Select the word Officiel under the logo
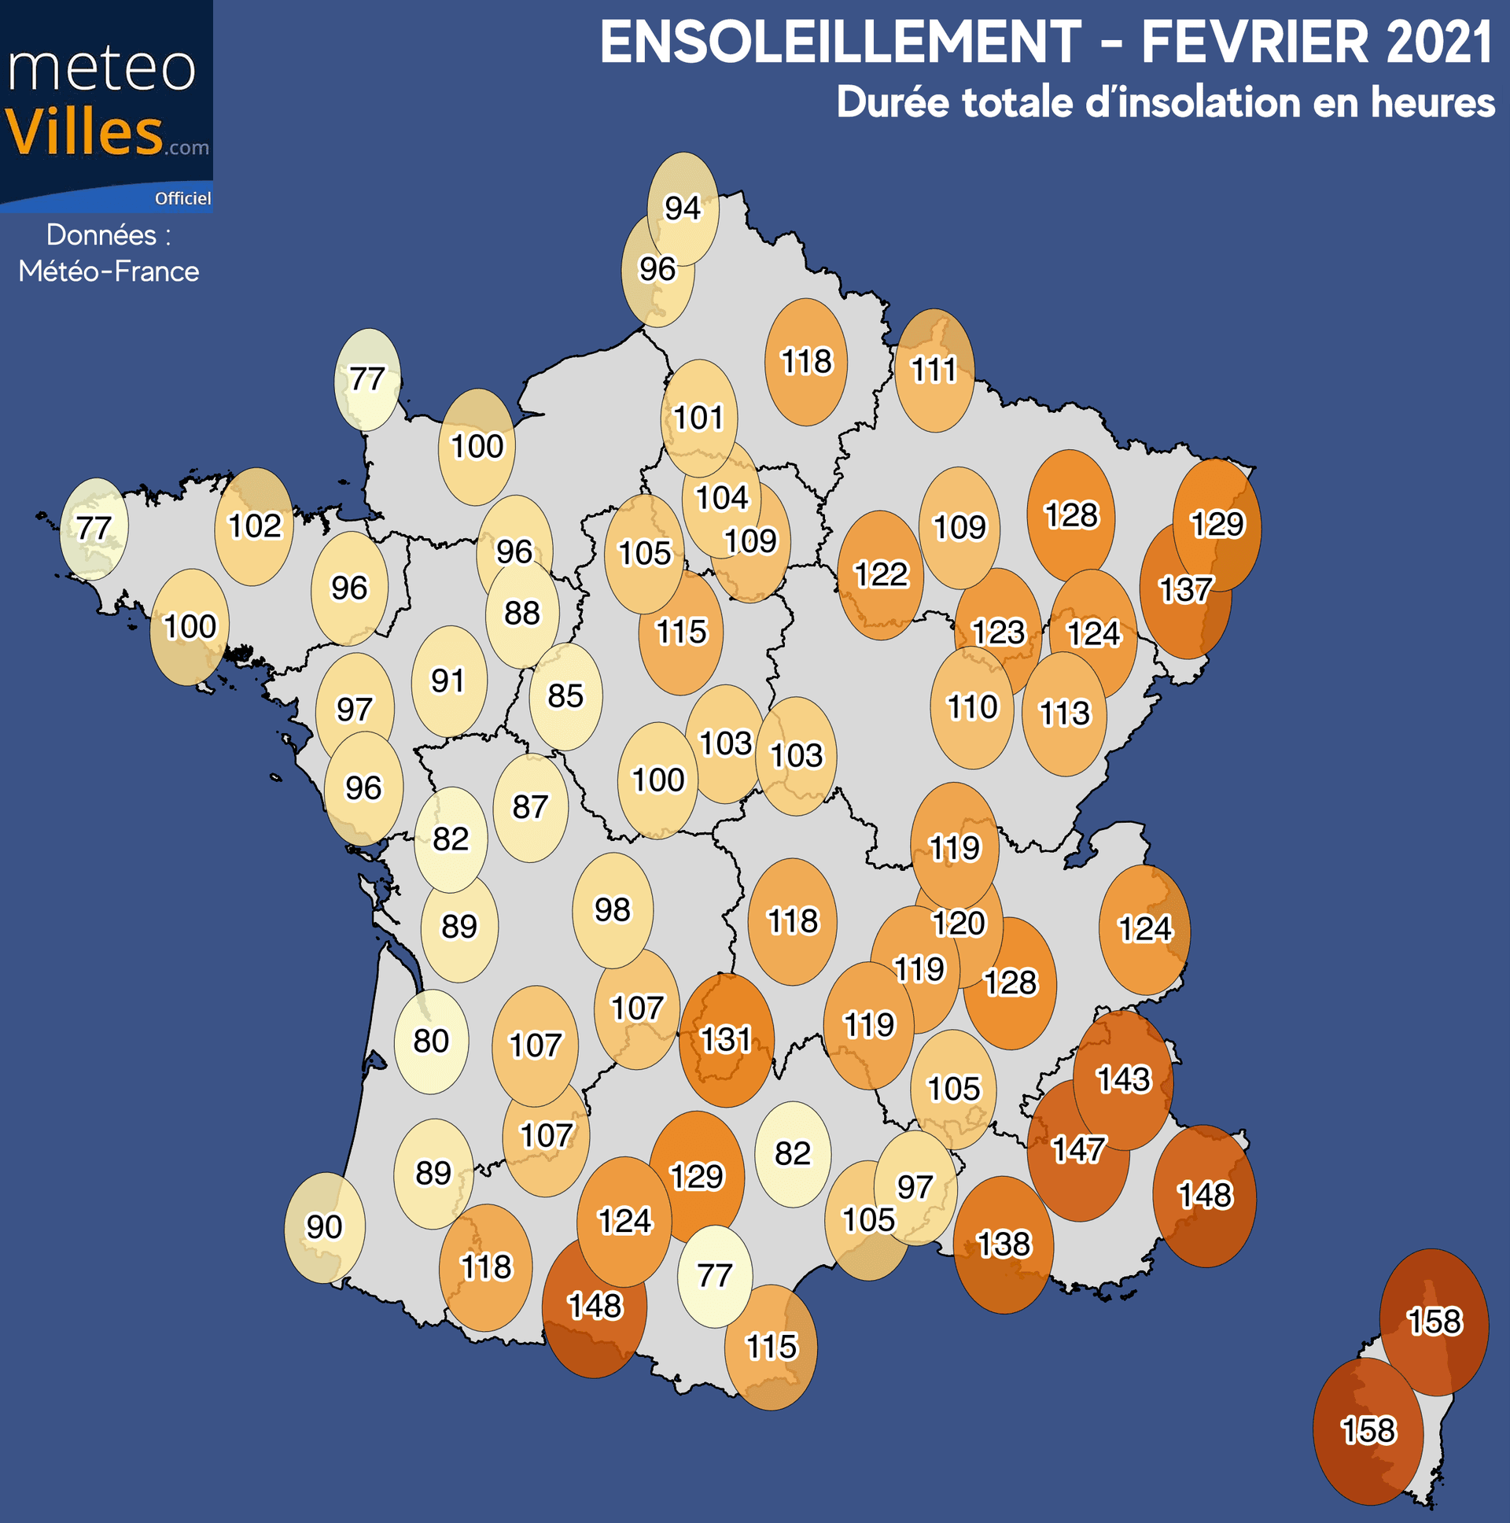182,199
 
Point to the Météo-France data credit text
109,271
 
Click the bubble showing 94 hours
683,208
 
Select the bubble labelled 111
934,370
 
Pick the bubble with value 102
254,525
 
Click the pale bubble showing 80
431,1042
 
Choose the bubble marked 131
726,1040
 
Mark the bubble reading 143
1123,1079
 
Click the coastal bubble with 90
324,1226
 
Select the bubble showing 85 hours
565,696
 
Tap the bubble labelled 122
880,575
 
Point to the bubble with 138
1004,1244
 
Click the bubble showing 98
613,909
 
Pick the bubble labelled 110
972,707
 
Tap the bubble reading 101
698,417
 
